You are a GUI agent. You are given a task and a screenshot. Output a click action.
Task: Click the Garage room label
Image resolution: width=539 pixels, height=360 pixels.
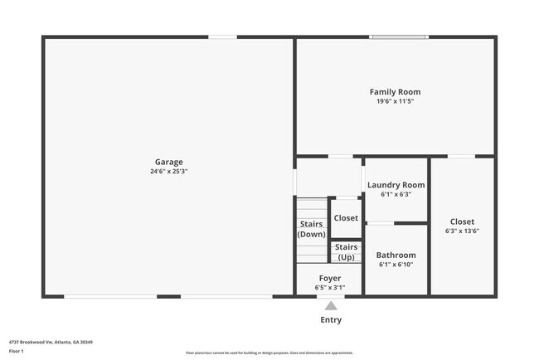168,162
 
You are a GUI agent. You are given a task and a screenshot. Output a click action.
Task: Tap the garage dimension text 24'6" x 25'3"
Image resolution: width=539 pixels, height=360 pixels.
168,172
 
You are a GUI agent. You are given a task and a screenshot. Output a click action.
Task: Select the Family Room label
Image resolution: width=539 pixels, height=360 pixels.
395,92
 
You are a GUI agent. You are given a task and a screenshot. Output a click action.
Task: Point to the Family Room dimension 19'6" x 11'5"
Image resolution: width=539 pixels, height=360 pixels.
395,101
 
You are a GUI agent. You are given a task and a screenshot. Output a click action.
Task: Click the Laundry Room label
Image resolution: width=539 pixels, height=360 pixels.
396,185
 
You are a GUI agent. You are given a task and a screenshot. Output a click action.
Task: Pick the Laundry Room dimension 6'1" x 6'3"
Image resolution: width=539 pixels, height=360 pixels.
396,195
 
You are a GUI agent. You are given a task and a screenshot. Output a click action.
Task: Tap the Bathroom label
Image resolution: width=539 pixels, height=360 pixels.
396,255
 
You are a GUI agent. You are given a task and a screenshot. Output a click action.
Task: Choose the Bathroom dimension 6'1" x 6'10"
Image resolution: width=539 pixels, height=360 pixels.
396,265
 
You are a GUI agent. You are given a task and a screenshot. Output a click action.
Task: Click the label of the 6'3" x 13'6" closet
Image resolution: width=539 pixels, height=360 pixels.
462,221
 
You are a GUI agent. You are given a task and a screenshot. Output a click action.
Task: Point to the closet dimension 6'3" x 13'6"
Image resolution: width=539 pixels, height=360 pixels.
462,231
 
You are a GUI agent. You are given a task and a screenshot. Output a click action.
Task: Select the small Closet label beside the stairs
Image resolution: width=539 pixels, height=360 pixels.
346,218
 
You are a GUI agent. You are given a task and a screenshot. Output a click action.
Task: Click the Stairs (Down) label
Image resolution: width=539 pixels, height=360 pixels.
312,229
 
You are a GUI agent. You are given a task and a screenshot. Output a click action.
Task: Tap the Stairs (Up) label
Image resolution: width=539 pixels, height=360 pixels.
347,252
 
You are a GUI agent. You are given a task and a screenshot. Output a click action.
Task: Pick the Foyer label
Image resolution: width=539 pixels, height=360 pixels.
330,278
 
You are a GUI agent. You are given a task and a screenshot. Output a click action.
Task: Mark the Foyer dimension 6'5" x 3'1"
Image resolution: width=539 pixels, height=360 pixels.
330,288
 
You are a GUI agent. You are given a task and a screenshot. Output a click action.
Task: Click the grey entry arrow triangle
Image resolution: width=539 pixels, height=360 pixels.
331,306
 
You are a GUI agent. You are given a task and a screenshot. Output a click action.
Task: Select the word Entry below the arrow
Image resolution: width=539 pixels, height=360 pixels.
331,319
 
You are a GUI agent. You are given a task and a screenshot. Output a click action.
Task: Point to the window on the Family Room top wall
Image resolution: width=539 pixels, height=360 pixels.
399,36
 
